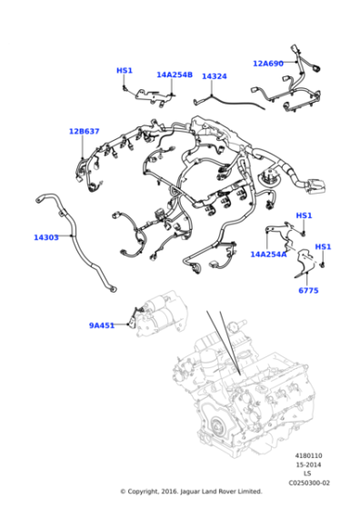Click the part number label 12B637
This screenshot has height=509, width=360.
pyautogui.click(x=84, y=131)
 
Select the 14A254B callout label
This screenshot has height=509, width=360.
pyautogui.click(x=175, y=75)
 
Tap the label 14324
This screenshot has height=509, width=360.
pyautogui.click(x=214, y=76)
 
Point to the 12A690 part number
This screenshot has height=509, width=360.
pyautogui.click(x=267, y=64)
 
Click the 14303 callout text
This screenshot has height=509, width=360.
pyautogui.click(x=46, y=237)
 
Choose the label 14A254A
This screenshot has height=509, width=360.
pyautogui.click(x=268, y=254)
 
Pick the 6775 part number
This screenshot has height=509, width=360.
pyautogui.click(x=308, y=290)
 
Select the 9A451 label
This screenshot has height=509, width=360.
pyautogui.click(x=101, y=325)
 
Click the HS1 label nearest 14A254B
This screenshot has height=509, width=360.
pyautogui.click(x=125, y=70)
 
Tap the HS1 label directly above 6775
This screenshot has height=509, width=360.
pyautogui.click(x=323, y=247)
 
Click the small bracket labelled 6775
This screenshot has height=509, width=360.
pyautogui.click(x=308, y=269)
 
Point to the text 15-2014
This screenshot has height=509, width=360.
pyautogui.click(x=306, y=464)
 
